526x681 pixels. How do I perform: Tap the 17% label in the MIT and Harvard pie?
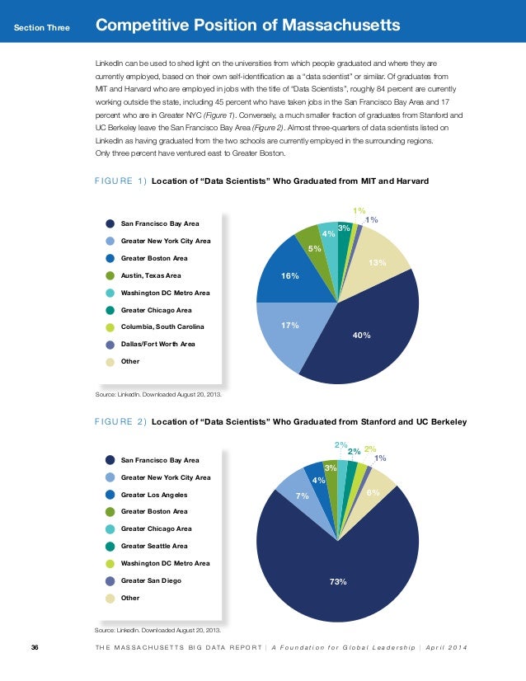point(289,326)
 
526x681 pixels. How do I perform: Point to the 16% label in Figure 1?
point(289,276)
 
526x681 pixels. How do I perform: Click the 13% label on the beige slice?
point(378,263)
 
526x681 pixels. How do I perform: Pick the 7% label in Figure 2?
point(302,496)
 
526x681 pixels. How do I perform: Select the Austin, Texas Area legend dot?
point(110,275)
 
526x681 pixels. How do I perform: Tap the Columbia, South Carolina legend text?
point(162,327)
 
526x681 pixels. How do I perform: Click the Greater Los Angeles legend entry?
point(154,495)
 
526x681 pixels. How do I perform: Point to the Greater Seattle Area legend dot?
point(110,546)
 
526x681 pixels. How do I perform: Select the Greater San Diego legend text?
point(151,580)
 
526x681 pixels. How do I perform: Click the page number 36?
point(35,646)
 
